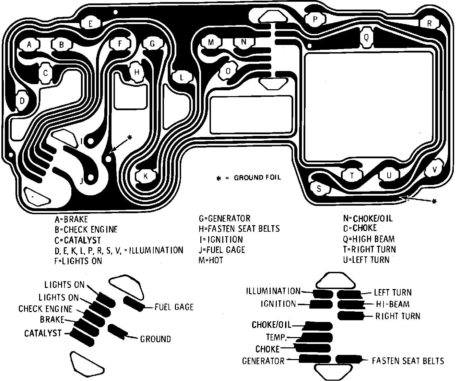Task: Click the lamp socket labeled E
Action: point(91,24)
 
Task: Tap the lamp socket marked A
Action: point(29,44)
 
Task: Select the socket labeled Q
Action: point(366,37)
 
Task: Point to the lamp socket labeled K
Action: point(145,176)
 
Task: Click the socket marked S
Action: point(319,188)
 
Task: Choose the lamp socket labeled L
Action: point(182,77)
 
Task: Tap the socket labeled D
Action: point(22,101)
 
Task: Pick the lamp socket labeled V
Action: point(435,169)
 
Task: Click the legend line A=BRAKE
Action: point(71,219)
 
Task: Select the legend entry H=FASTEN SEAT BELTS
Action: point(239,229)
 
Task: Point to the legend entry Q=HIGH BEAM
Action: point(369,239)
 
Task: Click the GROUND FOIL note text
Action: point(257,177)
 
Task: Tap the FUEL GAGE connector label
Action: point(174,307)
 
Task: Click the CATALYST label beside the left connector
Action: point(43,333)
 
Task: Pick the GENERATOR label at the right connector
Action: point(263,361)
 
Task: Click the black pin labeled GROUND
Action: point(117,331)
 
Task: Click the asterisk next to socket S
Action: point(434,201)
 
